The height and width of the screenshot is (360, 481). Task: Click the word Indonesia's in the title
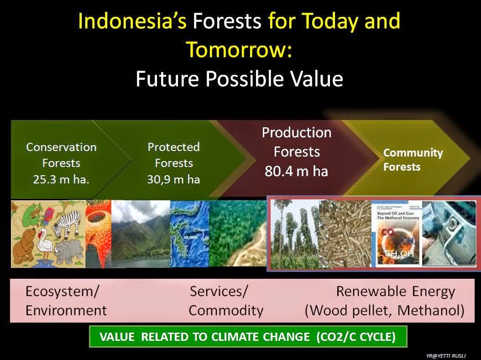[132, 21]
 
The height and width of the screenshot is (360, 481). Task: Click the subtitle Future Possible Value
[240, 78]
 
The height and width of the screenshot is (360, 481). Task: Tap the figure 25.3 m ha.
[61, 179]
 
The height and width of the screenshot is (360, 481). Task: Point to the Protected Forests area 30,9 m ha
[173, 179]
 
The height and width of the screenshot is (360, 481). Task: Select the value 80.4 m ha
[297, 171]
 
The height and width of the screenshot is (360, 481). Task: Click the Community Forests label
[413, 160]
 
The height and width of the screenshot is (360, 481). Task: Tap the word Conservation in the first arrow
[61, 147]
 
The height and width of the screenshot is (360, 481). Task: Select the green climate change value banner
[247, 337]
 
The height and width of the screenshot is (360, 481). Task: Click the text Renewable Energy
[395, 291]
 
